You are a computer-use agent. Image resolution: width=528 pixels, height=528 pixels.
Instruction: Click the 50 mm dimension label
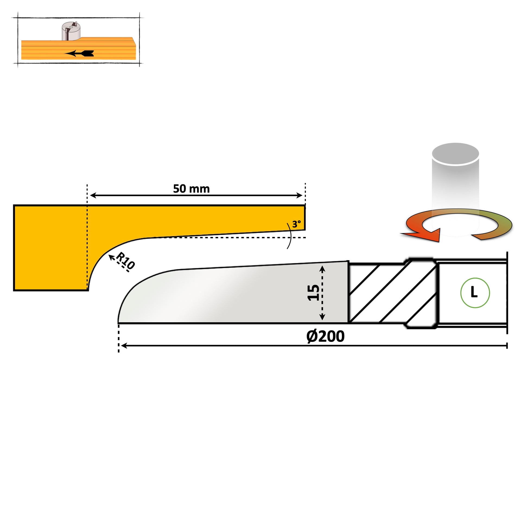[x=191, y=189]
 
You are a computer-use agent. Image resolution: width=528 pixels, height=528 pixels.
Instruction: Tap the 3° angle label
[x=296, y=224]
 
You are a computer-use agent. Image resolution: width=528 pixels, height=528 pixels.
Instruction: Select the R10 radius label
[x=125, y=261]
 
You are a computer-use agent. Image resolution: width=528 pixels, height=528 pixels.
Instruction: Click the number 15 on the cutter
[x=313, y=293]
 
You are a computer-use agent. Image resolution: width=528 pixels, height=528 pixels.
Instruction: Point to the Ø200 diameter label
[x=325, y=336]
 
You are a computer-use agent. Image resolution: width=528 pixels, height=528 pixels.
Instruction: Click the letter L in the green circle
[x=474, y=293]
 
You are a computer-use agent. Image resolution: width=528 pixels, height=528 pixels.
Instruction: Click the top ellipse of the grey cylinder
[x=455, y=154]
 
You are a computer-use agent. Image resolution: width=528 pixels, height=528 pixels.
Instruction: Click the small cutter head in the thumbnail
[x=71, y=31]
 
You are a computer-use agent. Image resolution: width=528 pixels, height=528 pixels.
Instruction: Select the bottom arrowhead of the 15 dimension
[x=322, y=317]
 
